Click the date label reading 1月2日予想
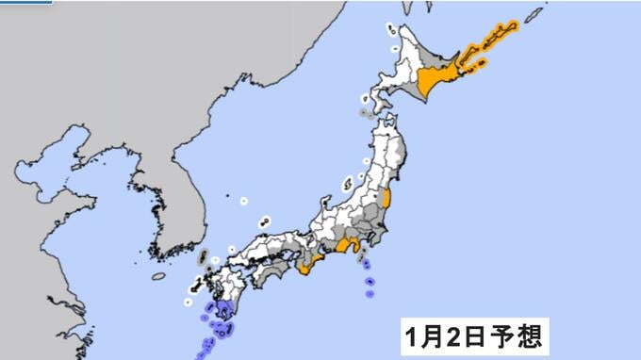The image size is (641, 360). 473,335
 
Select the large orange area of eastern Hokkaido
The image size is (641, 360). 437,84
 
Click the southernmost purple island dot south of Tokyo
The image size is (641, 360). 369,293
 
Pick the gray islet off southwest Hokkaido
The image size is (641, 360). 364,113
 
